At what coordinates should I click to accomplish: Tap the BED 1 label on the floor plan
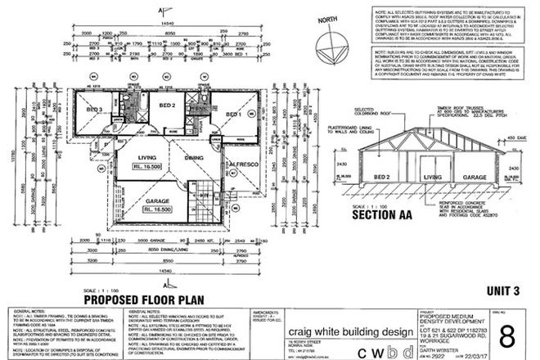click(232, 114)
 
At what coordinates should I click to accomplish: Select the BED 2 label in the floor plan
click(168, 106)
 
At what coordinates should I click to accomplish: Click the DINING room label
click(195, 157)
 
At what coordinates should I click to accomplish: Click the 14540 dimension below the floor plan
click(156, 270)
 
